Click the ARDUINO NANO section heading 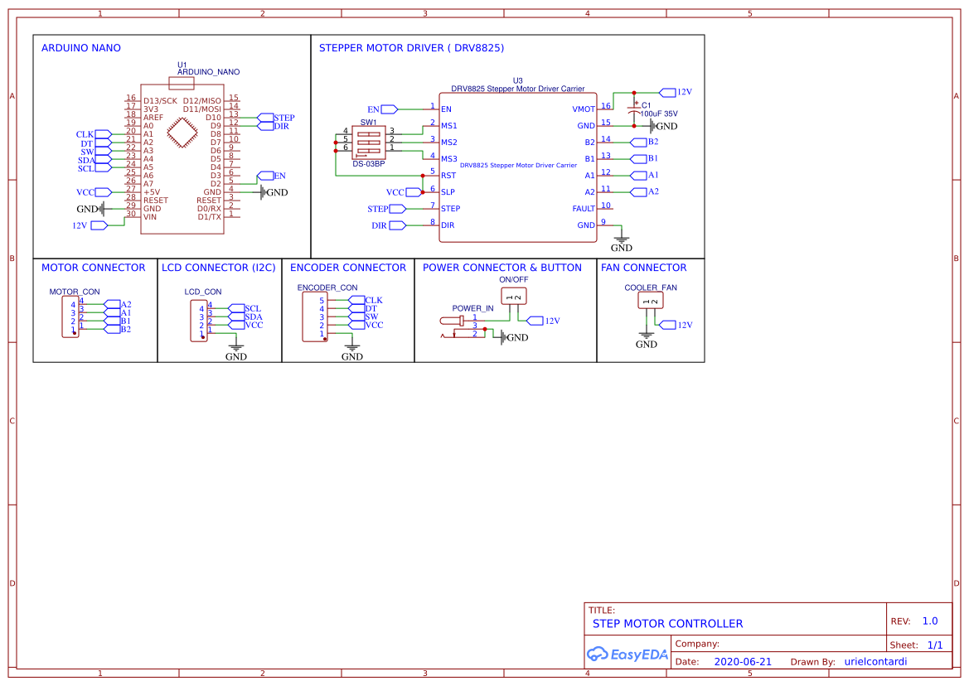80,48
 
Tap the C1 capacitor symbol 634,108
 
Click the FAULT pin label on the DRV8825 584,209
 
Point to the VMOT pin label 583,109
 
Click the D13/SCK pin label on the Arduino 161,100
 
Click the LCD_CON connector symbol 201,321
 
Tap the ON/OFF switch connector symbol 514,297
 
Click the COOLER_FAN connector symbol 651,301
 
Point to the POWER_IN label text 472,308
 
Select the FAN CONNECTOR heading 643,268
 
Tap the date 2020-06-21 743,662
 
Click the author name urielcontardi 875,662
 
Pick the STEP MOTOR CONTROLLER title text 667,624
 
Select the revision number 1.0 930,621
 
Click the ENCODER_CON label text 327,287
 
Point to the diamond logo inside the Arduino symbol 182,133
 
